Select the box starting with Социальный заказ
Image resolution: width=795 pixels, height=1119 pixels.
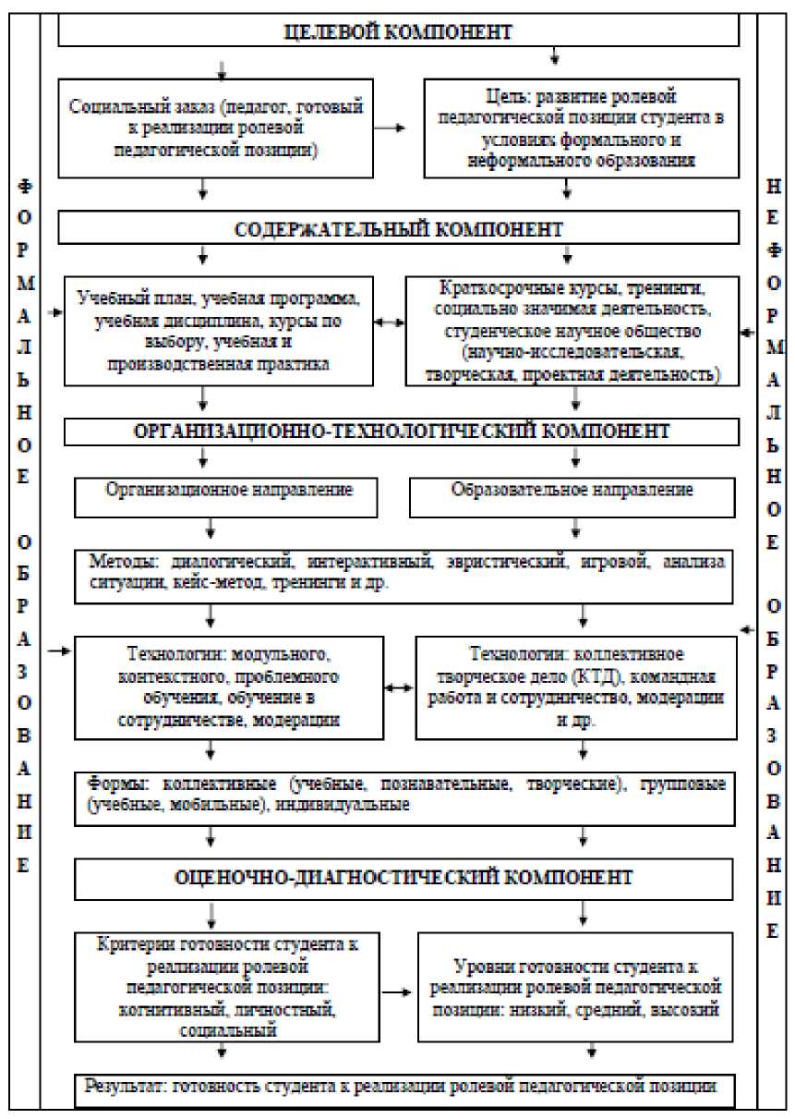coord(216,128)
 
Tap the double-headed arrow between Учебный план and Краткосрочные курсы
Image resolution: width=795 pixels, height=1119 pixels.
coord(389,323)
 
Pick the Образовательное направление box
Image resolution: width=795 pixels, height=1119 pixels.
coord(572,490)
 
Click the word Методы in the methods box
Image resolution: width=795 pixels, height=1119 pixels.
coord(117,561)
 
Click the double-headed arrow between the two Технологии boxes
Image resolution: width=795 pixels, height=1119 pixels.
coord(399,688)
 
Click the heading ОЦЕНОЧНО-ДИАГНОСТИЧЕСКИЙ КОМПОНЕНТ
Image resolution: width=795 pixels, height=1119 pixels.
coord(404,877)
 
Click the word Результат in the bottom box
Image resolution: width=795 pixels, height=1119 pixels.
coord(125,1086)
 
